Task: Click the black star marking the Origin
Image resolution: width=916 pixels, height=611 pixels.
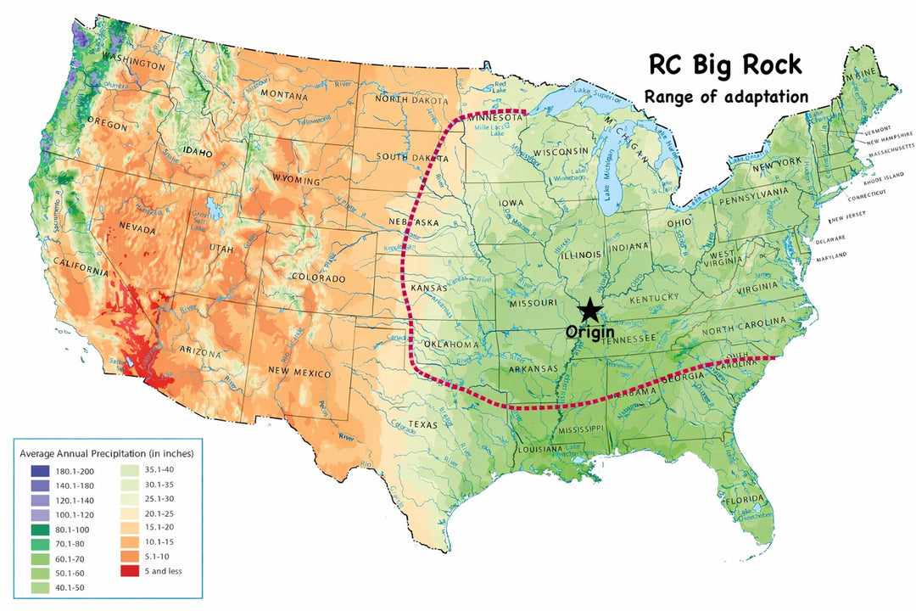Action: pos(589,311)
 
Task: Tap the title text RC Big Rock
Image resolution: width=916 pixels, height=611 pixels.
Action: pos(724,65)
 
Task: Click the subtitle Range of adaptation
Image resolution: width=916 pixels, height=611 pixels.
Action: pos(726,96)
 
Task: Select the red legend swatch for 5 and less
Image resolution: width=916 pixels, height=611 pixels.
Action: pos(130,570)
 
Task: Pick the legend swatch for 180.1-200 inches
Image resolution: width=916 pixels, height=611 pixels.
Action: pos(39,470)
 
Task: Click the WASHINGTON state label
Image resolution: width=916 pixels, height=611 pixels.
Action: pos(133,64)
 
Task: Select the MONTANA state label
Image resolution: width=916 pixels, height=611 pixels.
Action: pos(283,94)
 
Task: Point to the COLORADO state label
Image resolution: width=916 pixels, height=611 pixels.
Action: pos(318,278)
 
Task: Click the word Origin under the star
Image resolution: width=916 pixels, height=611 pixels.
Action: pos(589,332)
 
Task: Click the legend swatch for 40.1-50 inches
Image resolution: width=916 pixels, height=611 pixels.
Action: pos(39,586)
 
